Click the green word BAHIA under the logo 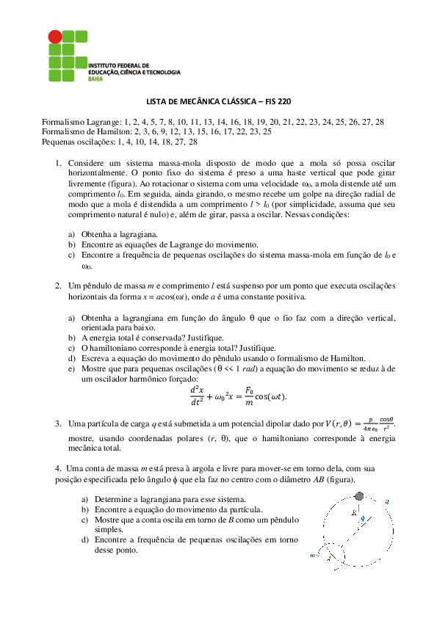point(95,78)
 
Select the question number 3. point(59,423)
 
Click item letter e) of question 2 point(72,368)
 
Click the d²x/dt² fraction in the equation point(197,396)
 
